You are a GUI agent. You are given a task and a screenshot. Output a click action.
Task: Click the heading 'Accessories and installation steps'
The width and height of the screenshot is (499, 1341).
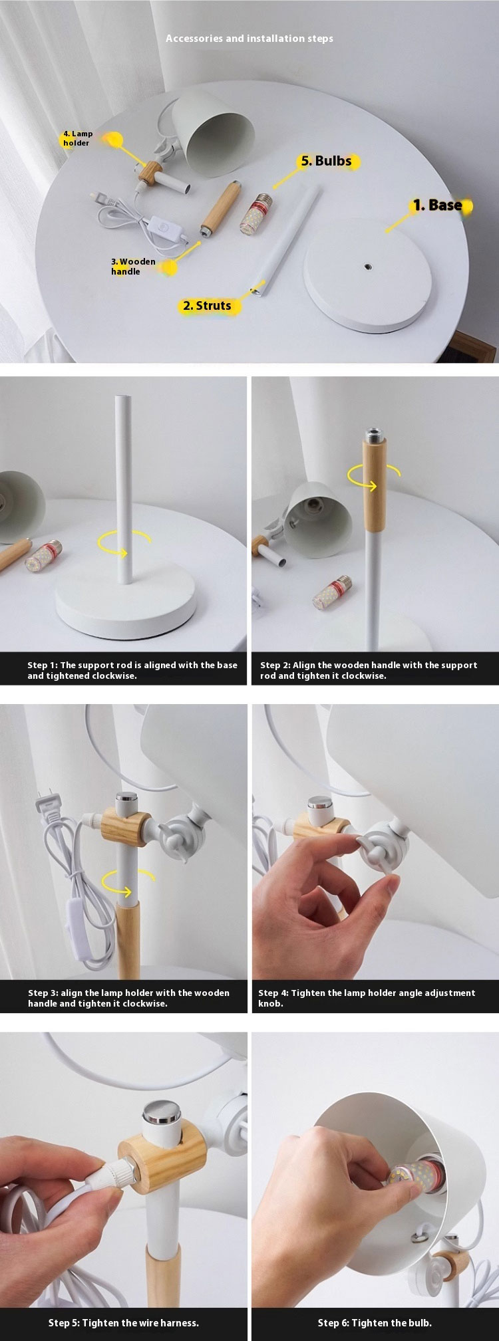click(249, 39)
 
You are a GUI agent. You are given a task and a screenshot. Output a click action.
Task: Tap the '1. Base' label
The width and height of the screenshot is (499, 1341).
click(437, 205)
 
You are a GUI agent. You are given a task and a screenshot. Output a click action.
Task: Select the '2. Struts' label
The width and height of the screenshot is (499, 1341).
click(207, 306)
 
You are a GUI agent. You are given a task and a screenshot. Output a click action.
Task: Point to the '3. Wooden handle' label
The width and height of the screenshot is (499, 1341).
click(133, 267)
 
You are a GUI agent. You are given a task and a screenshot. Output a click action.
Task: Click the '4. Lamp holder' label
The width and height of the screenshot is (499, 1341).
click(78, 138)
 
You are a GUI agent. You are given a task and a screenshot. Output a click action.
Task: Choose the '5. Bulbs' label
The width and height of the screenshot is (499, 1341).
click(326, 161)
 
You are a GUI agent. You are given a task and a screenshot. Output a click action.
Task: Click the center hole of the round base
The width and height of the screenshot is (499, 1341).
click(367, 266)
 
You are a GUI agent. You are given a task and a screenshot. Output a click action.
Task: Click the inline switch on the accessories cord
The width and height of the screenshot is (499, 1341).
click(156, 225)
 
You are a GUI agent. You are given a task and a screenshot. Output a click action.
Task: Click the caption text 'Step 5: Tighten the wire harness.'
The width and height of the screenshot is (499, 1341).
click(124, 1322)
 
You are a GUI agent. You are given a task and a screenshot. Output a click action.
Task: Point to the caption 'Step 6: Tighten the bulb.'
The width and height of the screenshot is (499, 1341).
click(375, 1322)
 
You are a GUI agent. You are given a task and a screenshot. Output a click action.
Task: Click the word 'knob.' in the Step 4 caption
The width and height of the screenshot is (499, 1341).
click(271, 1003)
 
